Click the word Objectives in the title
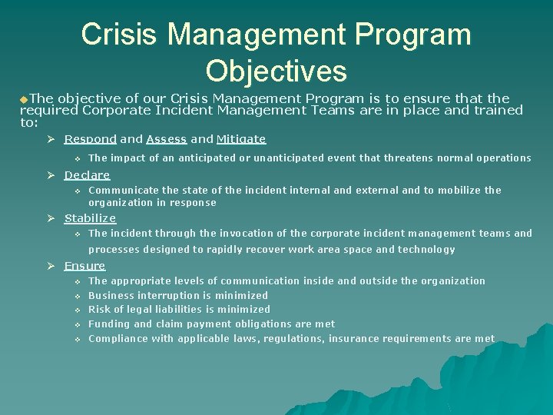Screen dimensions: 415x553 [x=276, y=71]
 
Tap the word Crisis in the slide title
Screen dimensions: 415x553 [x=119, y=35]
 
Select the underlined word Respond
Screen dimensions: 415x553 [x=91, y=139]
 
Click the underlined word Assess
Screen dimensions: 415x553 [x=167, y=139]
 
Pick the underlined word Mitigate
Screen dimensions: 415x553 [x=241, y=139]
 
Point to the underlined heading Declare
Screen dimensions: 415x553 [x=87, y=175]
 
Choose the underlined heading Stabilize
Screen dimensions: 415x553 [x=90, y=218]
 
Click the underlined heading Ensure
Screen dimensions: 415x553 [x=84, y=266]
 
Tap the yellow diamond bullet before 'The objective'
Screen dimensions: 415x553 [x=24, y=99]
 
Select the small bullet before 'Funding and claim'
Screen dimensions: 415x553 [x=77, y=324]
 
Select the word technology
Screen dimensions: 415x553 [x=426, y=250]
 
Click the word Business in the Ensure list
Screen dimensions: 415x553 [x=111, y=295]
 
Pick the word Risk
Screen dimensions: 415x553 [x=100, y=310]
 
